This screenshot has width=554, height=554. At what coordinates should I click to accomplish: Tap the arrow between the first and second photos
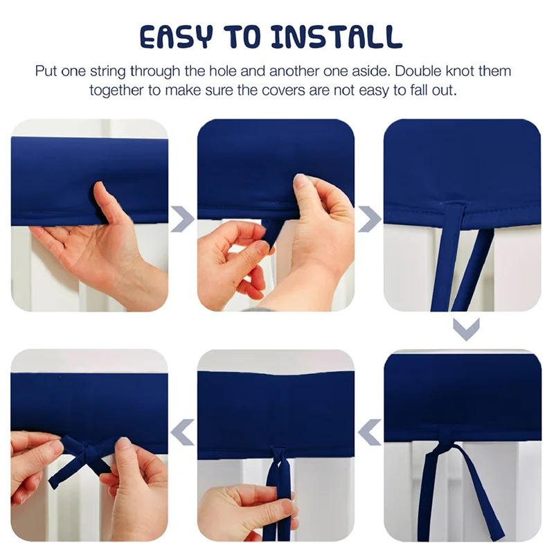coord(182,219)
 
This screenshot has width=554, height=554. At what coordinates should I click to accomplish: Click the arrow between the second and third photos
coord(369,219)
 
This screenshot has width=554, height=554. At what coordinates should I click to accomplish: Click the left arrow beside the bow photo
coord(182,432)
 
